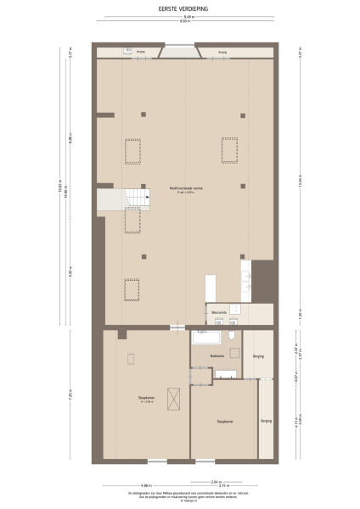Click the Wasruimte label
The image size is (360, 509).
[x=220, y=311]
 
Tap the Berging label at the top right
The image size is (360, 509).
[x=222, y=52]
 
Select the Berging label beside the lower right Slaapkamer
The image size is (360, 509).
[x=266, y=420]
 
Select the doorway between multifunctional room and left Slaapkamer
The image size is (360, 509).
[x=176, y=327]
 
